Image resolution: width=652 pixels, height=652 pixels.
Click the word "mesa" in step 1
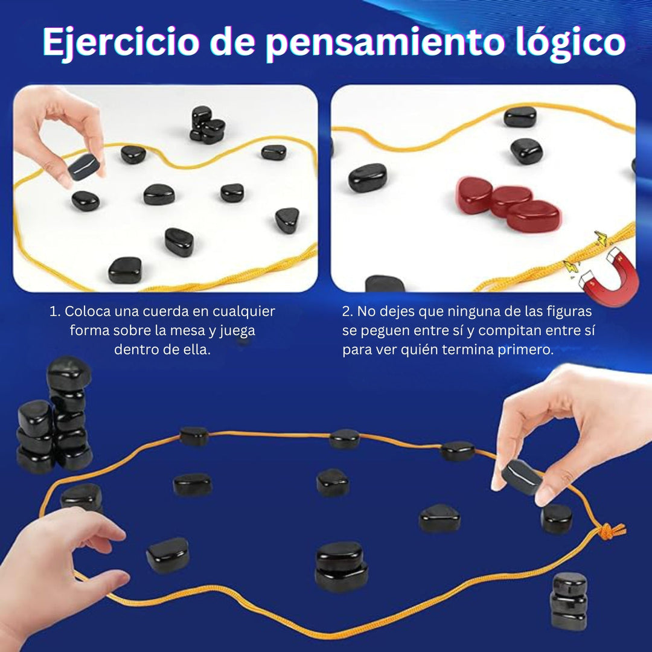(211, 331)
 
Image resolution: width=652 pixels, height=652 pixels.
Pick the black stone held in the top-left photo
(83, 167)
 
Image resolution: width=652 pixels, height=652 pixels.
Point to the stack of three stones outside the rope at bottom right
(569, 601)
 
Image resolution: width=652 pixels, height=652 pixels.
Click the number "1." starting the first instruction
(56, 312)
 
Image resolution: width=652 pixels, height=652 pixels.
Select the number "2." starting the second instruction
(347, 312)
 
